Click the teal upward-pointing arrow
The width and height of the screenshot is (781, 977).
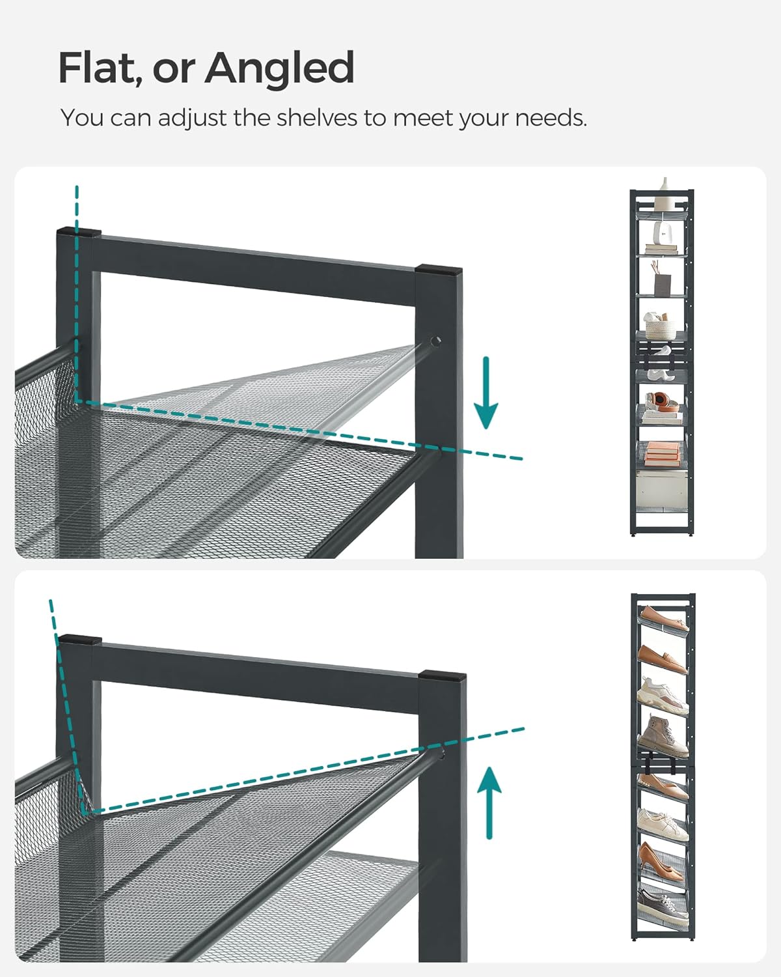[x=489, y=802]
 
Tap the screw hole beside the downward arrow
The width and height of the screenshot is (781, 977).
[x=435, y=341]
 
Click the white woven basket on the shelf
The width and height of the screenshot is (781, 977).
[x=659, y=324]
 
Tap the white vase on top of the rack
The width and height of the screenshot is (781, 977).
[x=664, y=186]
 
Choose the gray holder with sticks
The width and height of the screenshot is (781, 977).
[x=663, y=281]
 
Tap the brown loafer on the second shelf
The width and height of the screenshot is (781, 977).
[x=663, y=658]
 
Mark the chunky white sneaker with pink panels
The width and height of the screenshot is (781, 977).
[x=663, y=695]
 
